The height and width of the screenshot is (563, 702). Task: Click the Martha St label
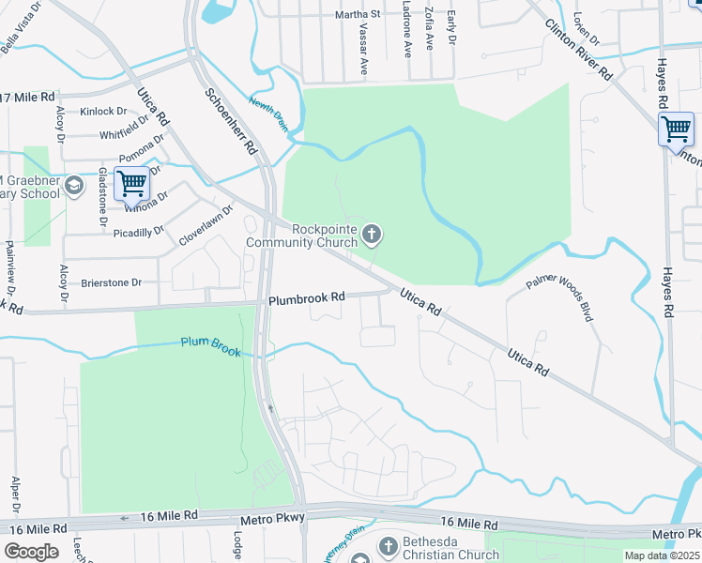point(358,15)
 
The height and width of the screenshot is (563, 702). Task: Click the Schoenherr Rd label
point(231,114)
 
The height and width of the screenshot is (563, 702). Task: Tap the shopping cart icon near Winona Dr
point(132,183)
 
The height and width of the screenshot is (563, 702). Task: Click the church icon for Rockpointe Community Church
point(373,234)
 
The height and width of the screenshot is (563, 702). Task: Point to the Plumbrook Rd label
point(307,297)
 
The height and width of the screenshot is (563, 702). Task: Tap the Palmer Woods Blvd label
point(560,298)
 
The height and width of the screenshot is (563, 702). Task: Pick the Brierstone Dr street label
point(111,281)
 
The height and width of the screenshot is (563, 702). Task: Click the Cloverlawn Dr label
point(205,226)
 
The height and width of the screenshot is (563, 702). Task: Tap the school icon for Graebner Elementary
point(74,186)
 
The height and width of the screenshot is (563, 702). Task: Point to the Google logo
point(31,552)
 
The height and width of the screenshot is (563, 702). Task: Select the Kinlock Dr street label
point(103,112)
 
